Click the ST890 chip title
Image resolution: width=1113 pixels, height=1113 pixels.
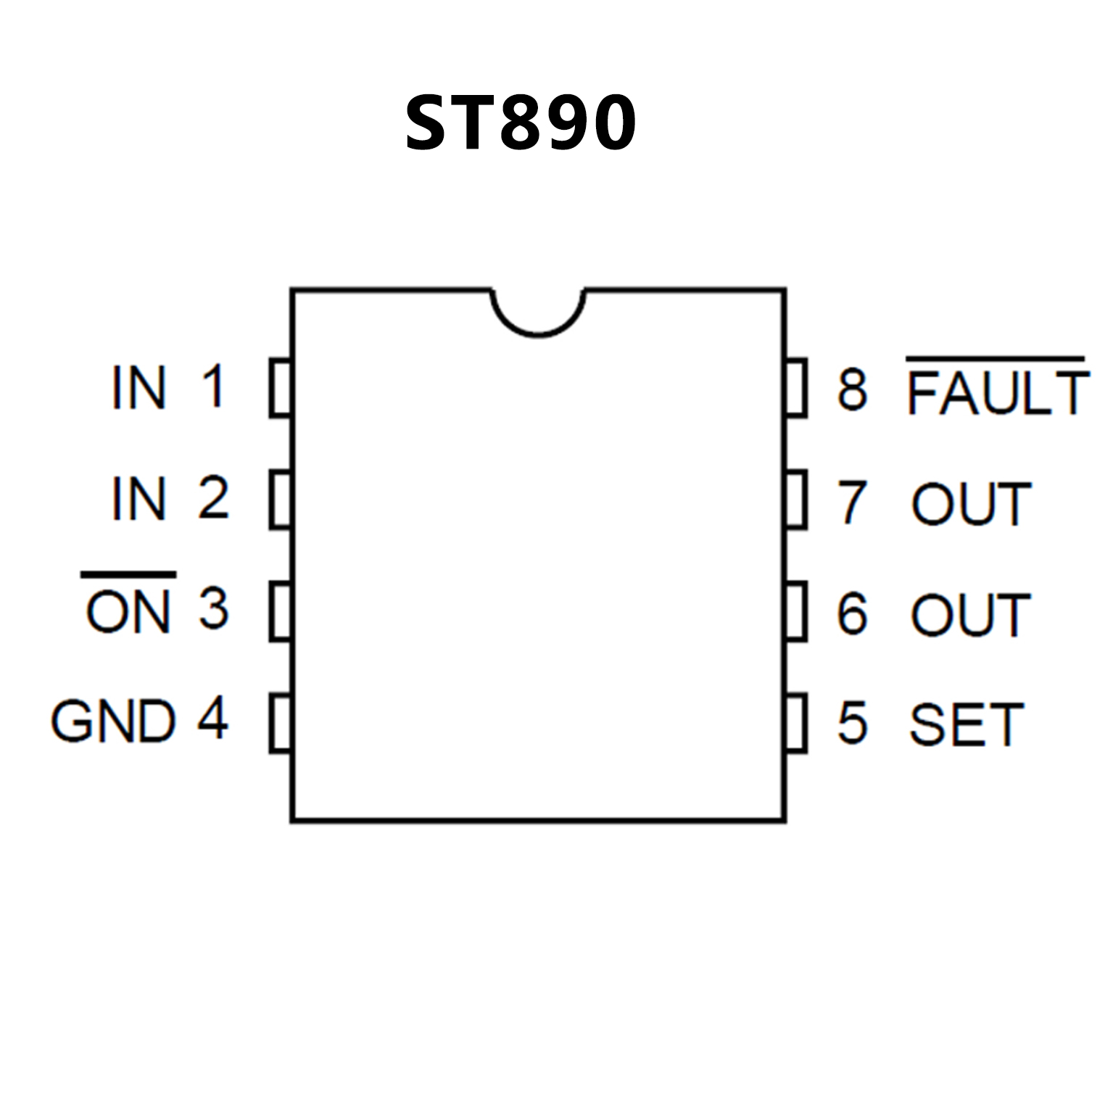tap(520, 123)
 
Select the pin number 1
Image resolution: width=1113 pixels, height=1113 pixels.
tap(213, 386)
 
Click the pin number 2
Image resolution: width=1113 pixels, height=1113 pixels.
tap(213, 498)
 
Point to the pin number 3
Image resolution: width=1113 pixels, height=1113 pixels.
tap(213, 609)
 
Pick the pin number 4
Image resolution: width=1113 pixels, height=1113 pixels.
tap(213, 719)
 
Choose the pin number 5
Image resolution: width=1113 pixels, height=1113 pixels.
tap(853, 723)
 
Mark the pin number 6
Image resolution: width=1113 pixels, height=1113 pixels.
tap(853, 613)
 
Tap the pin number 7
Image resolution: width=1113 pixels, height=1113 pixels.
tap(853, 502)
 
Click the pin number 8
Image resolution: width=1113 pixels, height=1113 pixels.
tap(853, 389)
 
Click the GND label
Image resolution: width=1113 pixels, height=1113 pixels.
tap(113, 721)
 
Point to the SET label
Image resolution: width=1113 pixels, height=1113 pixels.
tap(967, 724)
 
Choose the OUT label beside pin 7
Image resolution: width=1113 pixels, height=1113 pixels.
tap(972, 504)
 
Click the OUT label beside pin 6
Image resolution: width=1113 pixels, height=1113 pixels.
tap(971, 615)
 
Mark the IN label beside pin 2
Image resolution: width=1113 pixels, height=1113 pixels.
tap(139, 499)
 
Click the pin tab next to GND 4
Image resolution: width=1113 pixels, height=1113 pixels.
tap(281, 723)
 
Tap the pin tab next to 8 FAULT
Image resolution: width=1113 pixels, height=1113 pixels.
tap(796, 388)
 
